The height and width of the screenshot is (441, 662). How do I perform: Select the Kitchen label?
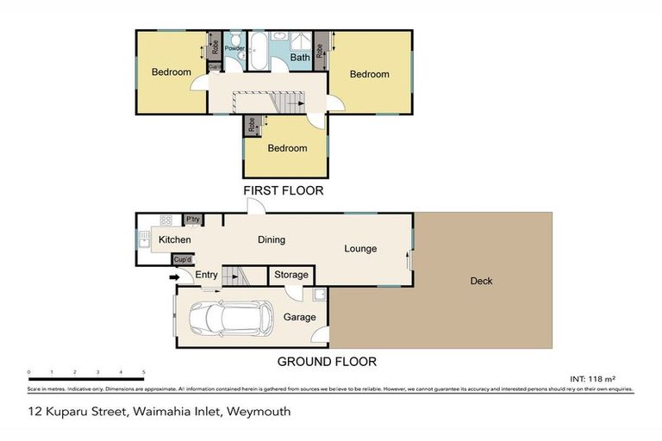tap(174, 239)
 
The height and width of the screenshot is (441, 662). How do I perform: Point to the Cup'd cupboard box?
tap(183, 259)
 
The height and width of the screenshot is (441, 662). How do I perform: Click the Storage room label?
tap(290, 275)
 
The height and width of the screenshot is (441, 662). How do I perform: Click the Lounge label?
tap(360, 249)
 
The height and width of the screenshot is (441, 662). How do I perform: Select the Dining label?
tap(272, 239)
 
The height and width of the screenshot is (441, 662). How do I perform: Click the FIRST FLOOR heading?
tap(283, 191)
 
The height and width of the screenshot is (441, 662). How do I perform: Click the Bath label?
tap(299, 59)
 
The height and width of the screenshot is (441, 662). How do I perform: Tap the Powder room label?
tap(234, 48)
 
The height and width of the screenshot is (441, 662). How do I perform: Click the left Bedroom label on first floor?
tap(171, 72)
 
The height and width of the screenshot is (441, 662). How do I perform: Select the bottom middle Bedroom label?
tap(287, 148)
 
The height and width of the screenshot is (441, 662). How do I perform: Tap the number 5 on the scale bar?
tap(143, 373)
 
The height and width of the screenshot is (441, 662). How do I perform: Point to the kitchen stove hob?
tap(165, 220)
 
